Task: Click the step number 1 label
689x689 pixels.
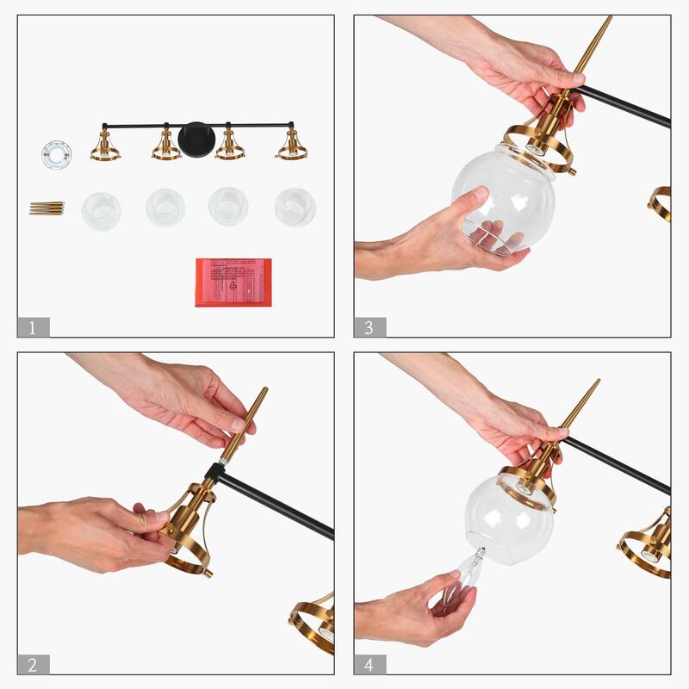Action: click(33, 327)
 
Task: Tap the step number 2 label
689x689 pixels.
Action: click(33, 664)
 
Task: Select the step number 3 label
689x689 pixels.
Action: click(369, 327)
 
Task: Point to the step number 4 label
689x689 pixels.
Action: click(369, 664)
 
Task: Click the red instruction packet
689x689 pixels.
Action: click(233, 282)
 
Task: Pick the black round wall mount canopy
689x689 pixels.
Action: click(196, 140)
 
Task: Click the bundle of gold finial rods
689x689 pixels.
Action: click(47, 208)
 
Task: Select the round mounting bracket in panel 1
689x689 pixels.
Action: click(56, 154)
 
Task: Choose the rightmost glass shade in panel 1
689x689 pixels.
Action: click(295, 208)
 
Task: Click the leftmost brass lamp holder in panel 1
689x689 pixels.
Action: click(105, 146)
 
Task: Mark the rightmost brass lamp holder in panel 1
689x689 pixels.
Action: click(292, 146)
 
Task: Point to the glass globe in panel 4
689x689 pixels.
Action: click(508, 520)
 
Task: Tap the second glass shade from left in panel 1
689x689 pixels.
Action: click(165, 208)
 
